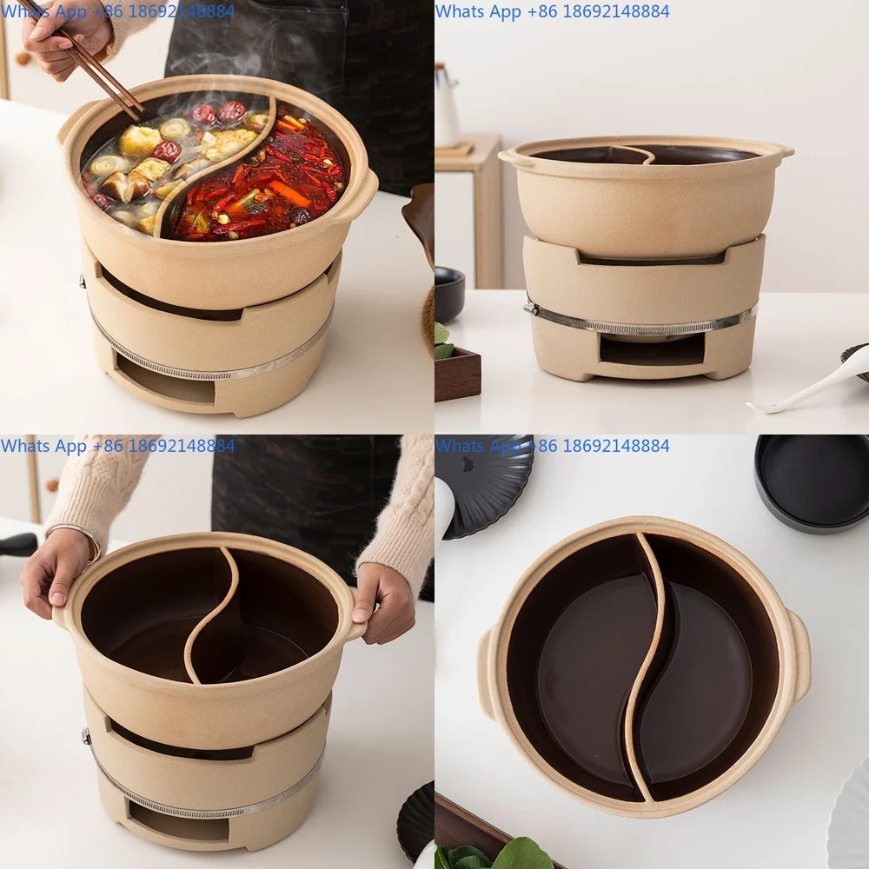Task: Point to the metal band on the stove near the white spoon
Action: pos(643,328)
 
